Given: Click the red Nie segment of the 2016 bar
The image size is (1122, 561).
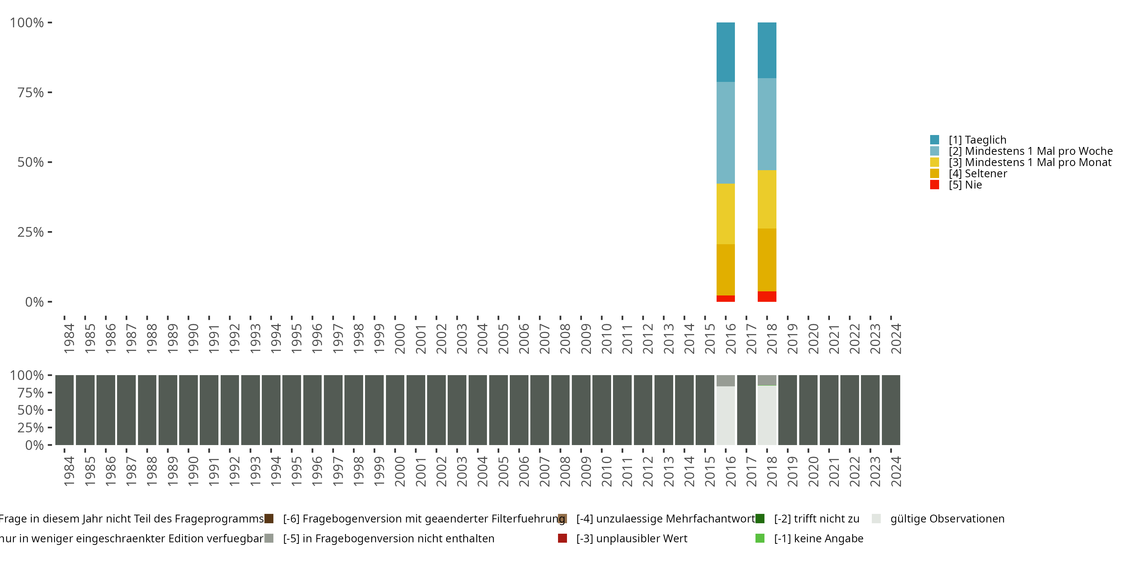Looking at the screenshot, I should click(x=725, y=298).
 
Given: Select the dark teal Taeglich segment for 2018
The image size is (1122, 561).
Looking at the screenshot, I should click(x=767, y=50).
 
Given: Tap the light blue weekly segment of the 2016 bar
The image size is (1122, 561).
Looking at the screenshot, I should click(x=725, y=132).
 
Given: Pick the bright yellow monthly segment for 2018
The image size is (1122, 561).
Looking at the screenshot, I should click(x=767, y=199).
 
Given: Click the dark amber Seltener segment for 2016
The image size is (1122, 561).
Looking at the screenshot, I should click(x=725, y=270).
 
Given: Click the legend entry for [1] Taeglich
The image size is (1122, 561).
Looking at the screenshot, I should click(x=977, y=140).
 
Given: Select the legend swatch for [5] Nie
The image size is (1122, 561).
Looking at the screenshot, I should click(x=935, y=185).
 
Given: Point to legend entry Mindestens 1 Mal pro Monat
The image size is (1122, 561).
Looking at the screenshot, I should click(x=1030, y=162).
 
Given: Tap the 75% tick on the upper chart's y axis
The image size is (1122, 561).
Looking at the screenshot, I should click(x=31, y=92).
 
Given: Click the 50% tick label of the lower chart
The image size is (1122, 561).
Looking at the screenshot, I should click(x=31, y=410).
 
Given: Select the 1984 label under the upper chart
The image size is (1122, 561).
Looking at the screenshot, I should click(x=69, y=338).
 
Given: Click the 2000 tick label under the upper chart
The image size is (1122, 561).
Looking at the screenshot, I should click(x=399, y=338).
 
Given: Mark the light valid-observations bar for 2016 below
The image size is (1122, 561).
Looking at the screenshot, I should click(x=725, y=415).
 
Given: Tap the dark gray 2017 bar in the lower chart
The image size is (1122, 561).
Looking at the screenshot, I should click(x=746, y=410).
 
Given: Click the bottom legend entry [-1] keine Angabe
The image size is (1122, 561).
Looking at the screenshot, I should click(x=818, y=538).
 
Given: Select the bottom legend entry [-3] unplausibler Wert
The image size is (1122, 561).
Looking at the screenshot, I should click(x=631, y=538).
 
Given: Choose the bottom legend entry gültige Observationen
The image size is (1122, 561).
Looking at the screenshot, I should click(x=947, y=519).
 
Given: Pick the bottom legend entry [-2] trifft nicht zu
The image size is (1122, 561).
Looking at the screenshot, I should click(x=816, y=519).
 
